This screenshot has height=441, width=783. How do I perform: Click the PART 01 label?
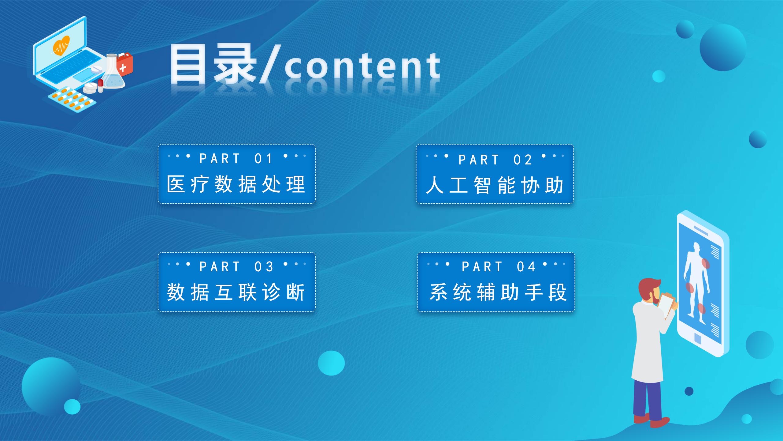click(236, 159)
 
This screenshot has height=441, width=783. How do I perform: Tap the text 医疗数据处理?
click(236, 184)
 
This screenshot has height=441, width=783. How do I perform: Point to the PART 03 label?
click(236, 267)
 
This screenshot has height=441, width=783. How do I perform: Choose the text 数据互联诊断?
click(236, 292)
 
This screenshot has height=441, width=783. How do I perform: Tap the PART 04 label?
click(498, 267)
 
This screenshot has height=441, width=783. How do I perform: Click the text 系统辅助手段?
click(498, 292)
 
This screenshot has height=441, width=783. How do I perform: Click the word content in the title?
click(362, 66)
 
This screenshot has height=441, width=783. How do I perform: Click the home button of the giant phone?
click(698, 338)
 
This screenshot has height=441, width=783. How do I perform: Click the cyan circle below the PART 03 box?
click(331, 363)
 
